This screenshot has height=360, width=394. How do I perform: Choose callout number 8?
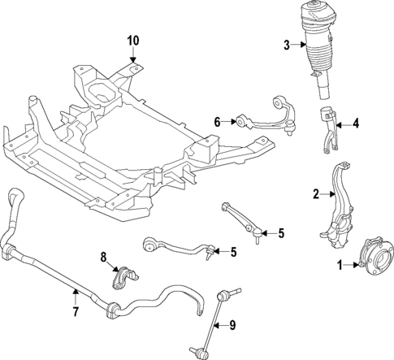coord(104,258)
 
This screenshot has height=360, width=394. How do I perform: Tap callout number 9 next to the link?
coord(232,325)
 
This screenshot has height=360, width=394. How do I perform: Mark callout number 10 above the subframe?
coord(133,39)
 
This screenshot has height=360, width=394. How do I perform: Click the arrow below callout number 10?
coord(133,57)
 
